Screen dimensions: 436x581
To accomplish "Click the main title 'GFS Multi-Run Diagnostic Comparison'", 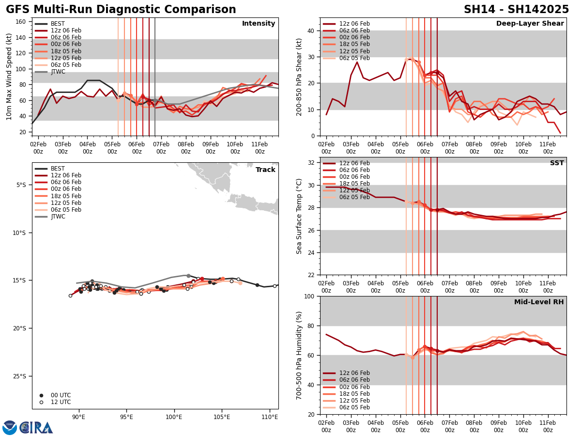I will click(121, 10).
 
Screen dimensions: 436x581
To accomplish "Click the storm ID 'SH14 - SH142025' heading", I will click(516, 10).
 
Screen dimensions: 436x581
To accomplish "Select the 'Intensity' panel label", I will click(259, 24).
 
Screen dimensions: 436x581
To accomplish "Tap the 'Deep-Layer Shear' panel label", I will click(530, 24).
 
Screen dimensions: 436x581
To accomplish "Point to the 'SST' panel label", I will click(557, 163).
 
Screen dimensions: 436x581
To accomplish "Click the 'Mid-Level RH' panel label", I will click(539, 302).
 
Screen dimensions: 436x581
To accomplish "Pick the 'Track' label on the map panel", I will click(265, 170).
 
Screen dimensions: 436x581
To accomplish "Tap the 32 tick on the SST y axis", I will click(311, 163).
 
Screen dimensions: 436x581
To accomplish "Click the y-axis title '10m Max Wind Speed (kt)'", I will click(9, 77).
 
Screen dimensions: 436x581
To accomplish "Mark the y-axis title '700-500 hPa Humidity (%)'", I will click(299, 356).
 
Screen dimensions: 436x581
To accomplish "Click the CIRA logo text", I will click(37, 427).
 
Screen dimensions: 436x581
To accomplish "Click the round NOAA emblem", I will click(9, 427).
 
